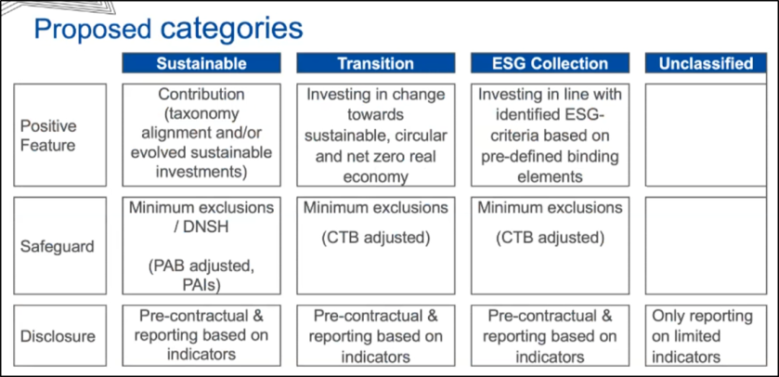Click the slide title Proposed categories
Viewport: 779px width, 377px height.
pos(168,30)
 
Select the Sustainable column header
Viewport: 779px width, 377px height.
pos(201,63)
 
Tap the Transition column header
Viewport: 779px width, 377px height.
pos(376,63)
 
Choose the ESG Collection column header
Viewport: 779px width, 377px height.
pos(550,63)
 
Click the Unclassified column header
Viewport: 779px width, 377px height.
pos(706,63)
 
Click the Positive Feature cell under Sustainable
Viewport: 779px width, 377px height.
pos(201,135)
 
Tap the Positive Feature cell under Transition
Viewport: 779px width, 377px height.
pos(376,135)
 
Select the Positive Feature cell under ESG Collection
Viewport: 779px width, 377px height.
pos(550,135)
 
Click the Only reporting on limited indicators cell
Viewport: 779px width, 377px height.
pos(706,336)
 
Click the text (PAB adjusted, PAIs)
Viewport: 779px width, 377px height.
pos(201,276)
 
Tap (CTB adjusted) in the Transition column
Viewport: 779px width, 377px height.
pos(376,238)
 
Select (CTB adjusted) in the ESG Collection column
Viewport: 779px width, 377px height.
pos(550,238)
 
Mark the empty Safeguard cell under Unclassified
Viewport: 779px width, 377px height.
pos(706,246)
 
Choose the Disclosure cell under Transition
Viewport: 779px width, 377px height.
pos(376,336)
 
